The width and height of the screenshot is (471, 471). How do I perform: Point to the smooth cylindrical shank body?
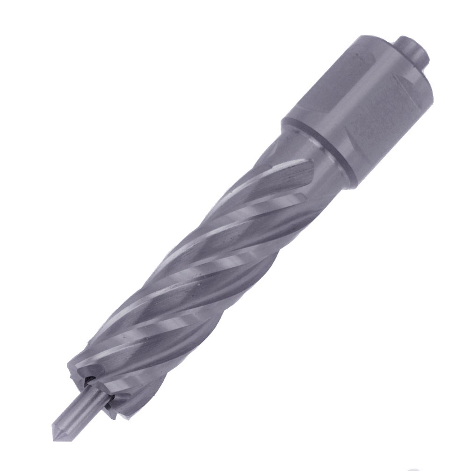coord(360,108)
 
